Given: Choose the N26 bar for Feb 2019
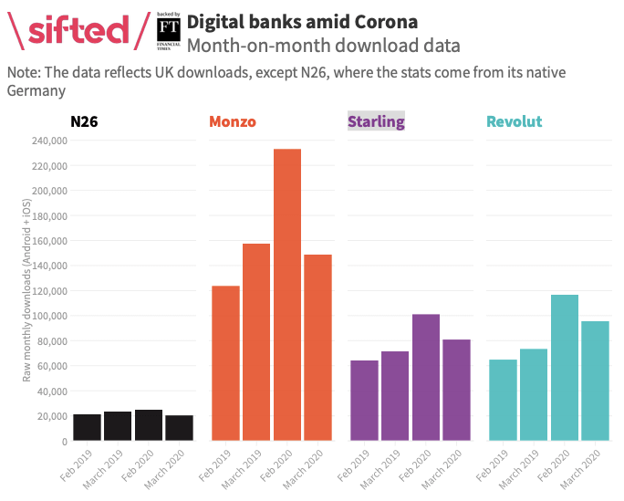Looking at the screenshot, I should pos(87,427).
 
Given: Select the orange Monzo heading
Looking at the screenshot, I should pos(233,121).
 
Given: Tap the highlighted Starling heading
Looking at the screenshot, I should pos(376,121).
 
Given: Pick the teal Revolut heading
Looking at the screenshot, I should pos(515,121).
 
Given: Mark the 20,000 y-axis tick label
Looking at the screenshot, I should pos(51,416).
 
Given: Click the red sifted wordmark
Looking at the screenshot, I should pos(78,30).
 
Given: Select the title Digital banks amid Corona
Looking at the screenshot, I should pos(302,20).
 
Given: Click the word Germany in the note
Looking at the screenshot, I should pos(36,91).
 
